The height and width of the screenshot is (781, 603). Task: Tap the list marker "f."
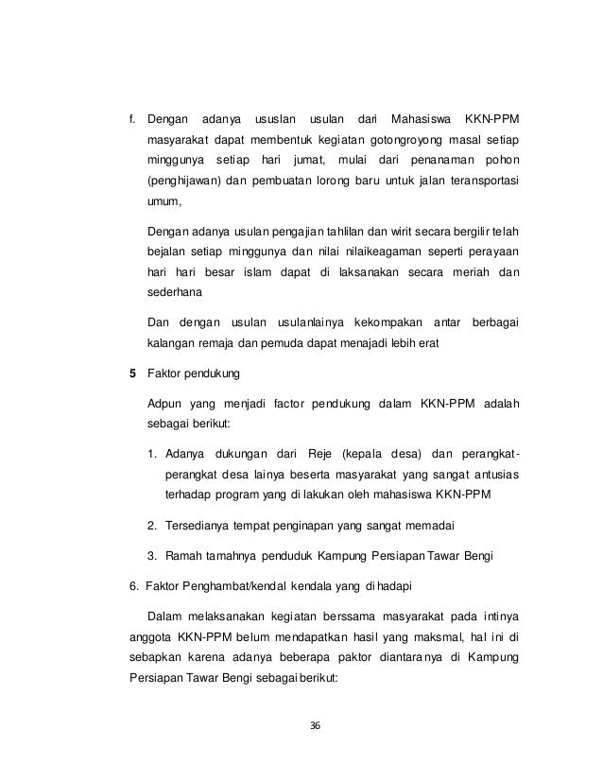(x=132, y=119)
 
